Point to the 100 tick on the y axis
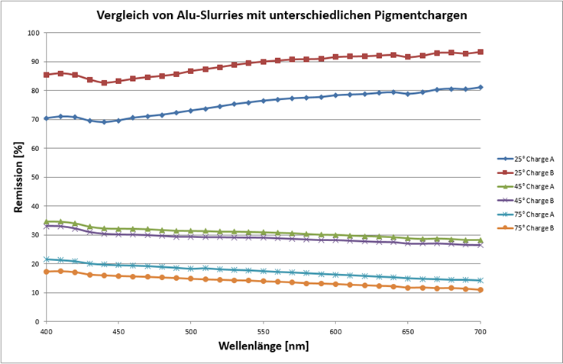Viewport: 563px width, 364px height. click(33, 33)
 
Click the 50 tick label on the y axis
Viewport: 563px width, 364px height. click(35, 177)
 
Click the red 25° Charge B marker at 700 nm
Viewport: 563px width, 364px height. click(480, 52)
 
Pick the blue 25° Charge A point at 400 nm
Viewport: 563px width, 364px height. click(46, 118)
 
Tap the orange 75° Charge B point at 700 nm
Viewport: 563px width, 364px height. click(480, 290)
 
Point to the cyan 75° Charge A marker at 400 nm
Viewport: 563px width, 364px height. click(46, 259)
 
